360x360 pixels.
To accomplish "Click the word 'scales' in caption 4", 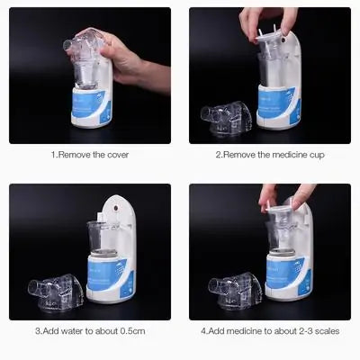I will click(x=325, y=330).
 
